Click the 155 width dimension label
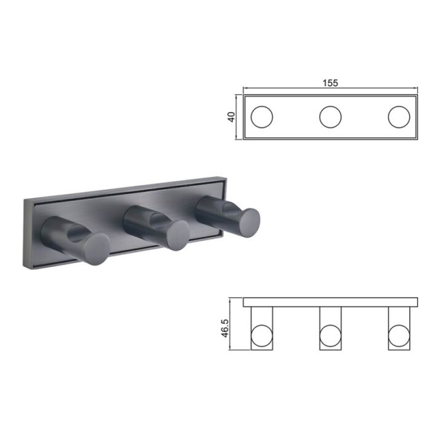coord(330,83)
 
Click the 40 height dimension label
coord(232,117)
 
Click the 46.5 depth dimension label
coord(225,328)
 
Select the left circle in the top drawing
coord(262,117)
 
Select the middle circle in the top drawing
coord(331,117)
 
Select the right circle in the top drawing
coord(399,117)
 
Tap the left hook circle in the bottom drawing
coord(262,336)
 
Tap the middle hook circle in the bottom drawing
coord(331,336)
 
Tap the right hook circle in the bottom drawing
coord(399,336)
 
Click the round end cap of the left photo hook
coord(97,249)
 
